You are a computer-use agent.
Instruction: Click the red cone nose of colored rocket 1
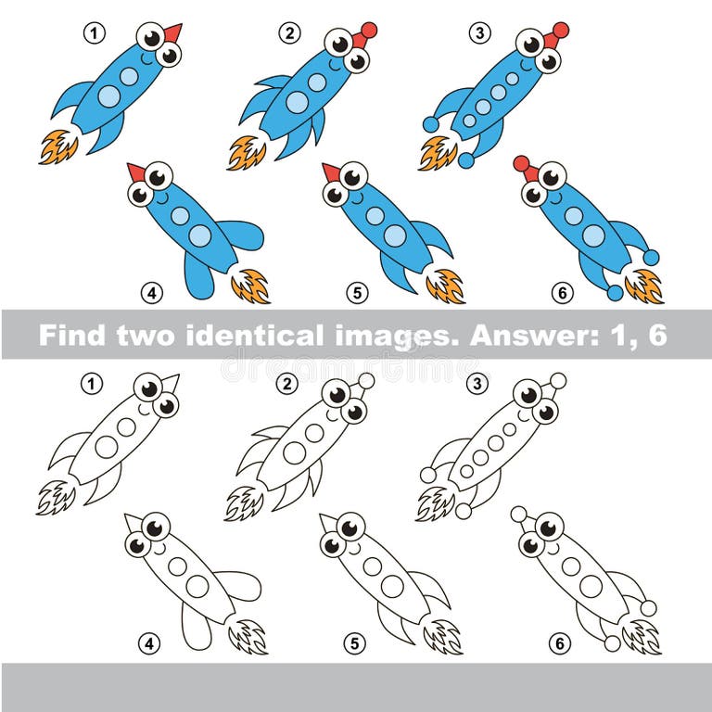[172, 33]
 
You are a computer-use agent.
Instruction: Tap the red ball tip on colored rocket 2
[368, 31]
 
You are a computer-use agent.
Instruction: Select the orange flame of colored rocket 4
[250, 286]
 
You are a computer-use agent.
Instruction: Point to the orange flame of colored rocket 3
[437, 153]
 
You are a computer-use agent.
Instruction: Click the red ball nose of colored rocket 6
[522, 164]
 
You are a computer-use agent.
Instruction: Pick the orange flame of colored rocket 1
[57, 146]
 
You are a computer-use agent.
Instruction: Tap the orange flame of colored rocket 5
[446, 286]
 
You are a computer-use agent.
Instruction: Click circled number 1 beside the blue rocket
[93, 34]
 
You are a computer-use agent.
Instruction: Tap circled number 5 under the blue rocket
[357, 293]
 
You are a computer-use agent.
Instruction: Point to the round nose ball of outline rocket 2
[366, 381]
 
